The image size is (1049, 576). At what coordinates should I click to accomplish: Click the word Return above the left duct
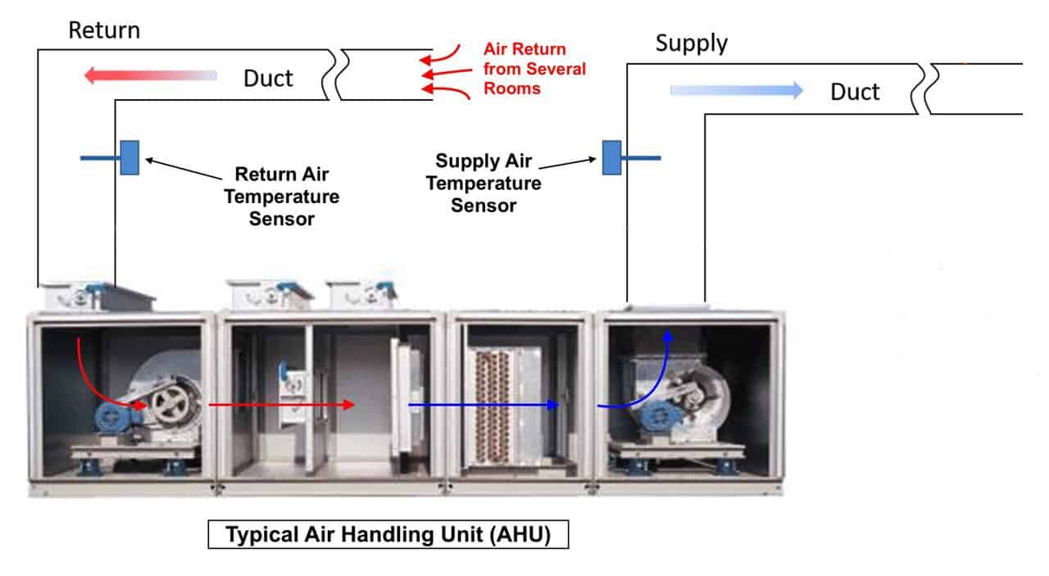click(104, 30)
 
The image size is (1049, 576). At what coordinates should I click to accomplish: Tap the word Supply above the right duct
click(691, 43)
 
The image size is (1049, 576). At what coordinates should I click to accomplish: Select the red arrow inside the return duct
click(148, 76)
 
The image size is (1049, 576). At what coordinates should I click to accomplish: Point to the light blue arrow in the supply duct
click(735, 90)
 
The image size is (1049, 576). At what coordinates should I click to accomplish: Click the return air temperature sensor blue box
click(129, 157)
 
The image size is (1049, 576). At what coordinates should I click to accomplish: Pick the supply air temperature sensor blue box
click(611, 157)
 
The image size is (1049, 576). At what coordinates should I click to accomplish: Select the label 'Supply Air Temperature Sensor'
click(484, 183)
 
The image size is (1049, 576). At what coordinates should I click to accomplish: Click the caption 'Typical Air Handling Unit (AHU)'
click(388, 536)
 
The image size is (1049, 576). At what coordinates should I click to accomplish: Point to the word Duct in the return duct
click(268, 79)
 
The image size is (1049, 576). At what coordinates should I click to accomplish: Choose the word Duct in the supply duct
click(855, 93)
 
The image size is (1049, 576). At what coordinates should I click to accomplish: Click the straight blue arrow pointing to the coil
click(484, 404)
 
